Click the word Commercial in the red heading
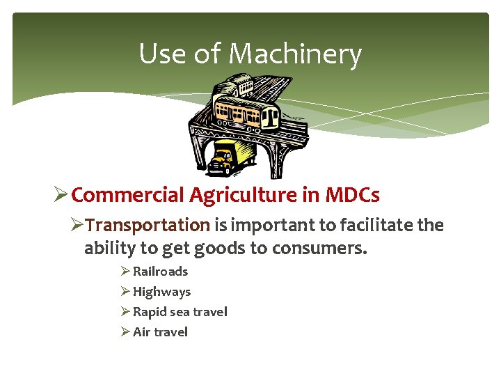point(128,195)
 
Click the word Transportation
point(148,226)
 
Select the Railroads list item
point(160,272)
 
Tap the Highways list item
point(161,292)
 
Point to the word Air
point(141,332)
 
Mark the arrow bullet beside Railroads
point(125,272)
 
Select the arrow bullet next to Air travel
point(125,332)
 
